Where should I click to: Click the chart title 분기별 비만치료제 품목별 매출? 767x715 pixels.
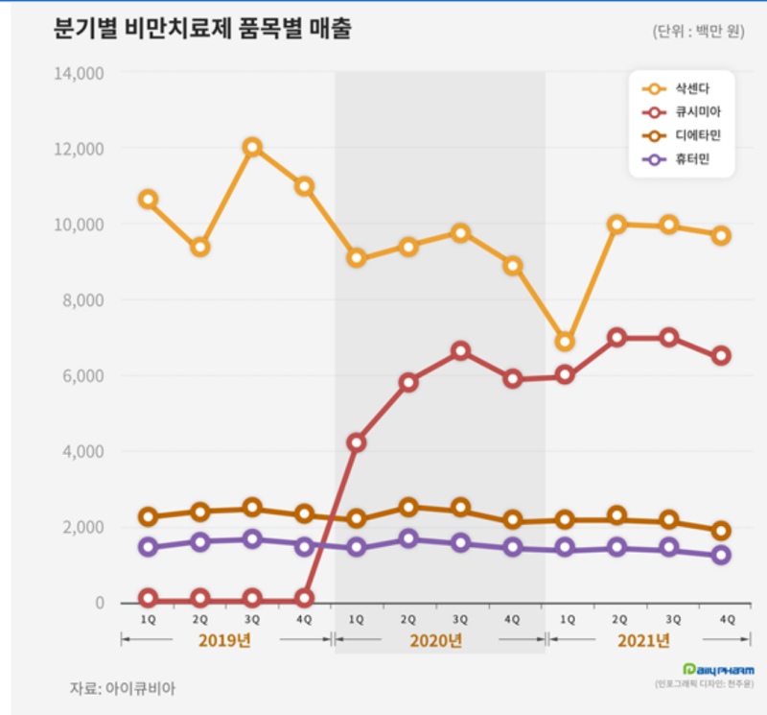[x=202, y=30]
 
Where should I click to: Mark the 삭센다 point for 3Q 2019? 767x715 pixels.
[x=252, y=147]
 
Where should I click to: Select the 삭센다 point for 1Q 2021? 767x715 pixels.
[x=565, y=342]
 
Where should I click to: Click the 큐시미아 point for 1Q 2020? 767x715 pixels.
[x=357, y=442]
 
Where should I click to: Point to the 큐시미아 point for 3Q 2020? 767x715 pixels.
[x=460, y=351]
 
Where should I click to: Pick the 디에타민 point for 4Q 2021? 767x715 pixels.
[x=721, y=531]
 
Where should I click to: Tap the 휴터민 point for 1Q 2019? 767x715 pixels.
[x=148, y=547]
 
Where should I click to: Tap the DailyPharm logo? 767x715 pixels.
[x=718, y=669]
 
